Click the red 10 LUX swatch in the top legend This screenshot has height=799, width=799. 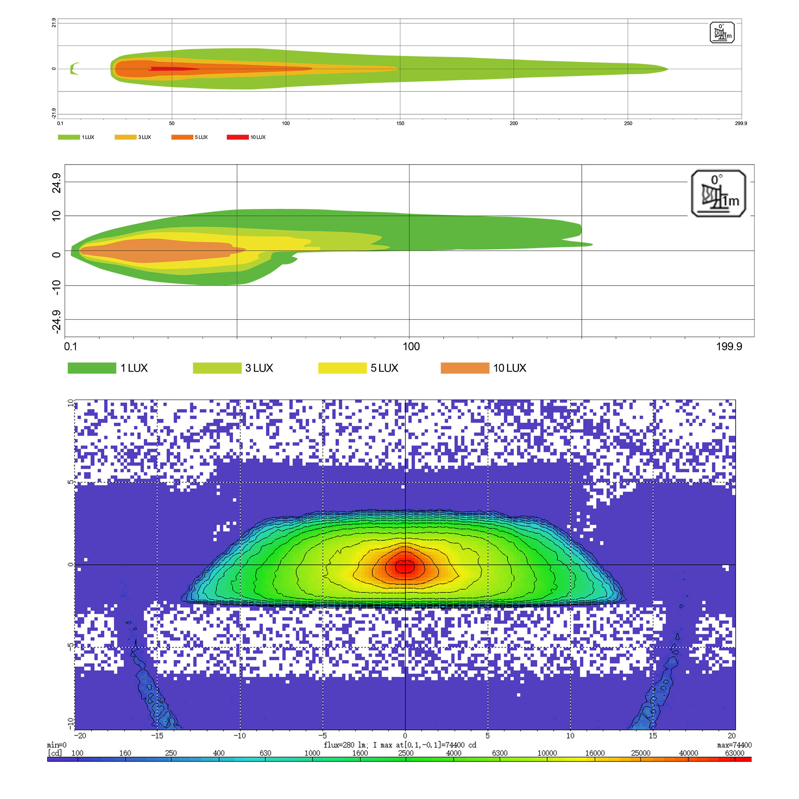(x=237, y=137)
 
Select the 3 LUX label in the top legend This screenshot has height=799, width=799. (x=144, y=137)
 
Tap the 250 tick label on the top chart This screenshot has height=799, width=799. (x=628, y=123)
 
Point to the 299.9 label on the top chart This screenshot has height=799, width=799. (x=741, y=123)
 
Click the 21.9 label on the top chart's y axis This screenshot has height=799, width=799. (x=54, y=23)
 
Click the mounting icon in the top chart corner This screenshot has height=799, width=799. (x=722, y=33)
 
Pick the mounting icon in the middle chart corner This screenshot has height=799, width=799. (x=718, y=193)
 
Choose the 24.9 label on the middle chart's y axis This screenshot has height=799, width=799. (x=56, y=183)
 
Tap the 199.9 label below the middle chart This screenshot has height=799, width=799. (x=729, y=346)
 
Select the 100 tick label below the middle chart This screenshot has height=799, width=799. (x=411, y=346)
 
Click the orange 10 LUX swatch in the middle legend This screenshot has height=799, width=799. (x=465, y=368)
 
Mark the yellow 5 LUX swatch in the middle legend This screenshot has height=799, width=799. (x=342, y=368)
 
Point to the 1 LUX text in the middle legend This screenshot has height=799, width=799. (x=134, y=368)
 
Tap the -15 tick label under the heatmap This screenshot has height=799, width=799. (x=157, y=736)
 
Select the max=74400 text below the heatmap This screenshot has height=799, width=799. (x=735, y=745)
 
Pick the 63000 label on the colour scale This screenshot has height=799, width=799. (x=735, y=753)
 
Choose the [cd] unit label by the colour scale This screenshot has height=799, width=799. (x=55, y=753)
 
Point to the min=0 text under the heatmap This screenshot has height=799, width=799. (x=57, y=745)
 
